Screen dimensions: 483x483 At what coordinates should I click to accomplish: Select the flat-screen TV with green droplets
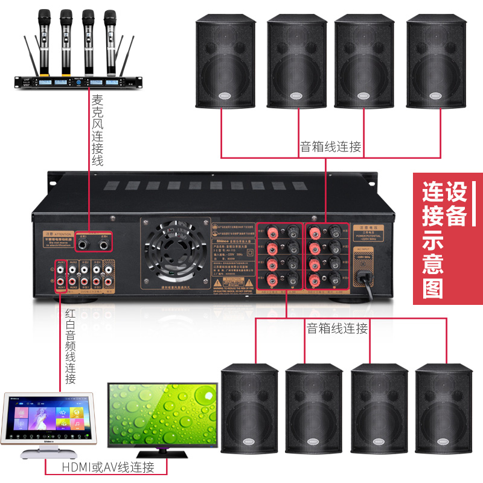pyautogui.click(x=162, y=418)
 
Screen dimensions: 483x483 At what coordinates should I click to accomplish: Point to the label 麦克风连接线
pyautogui.click(x=97, y=129)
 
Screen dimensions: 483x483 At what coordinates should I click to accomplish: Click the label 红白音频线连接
pyautogui.click(x=71, y=345)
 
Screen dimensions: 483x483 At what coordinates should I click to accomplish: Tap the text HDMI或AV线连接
pyautogui.click(x=108, y=467)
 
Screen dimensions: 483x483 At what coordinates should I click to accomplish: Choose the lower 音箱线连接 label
pyautogui.click(x=337, y=328)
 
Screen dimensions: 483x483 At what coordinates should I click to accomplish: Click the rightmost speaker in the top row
pyautogui.click(x=433, y=62)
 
